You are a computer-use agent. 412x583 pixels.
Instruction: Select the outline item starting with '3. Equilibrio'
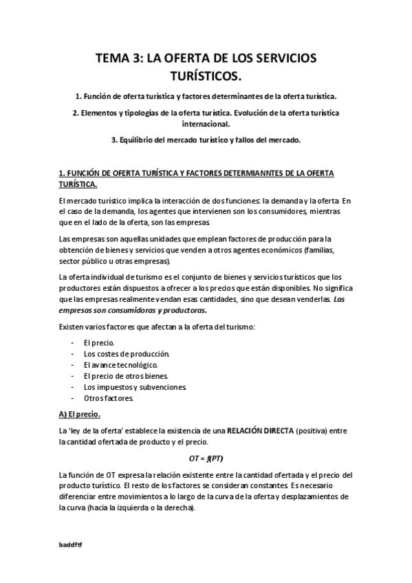pos(206,140)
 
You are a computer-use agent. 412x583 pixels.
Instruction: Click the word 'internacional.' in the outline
pos(206,124)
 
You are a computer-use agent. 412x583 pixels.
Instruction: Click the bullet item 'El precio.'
pos(99,342)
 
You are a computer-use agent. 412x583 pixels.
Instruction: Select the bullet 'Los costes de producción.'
pos(126,353)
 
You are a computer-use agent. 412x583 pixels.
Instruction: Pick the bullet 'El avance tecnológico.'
pos(120,364)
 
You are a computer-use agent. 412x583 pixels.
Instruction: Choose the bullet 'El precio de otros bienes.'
pos(125,375)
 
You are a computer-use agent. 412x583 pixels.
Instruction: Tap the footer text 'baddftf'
pos(71,543)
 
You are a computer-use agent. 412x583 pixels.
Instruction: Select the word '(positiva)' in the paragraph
pos(312,430)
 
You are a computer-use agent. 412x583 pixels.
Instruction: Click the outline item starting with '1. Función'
pos(206,96)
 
